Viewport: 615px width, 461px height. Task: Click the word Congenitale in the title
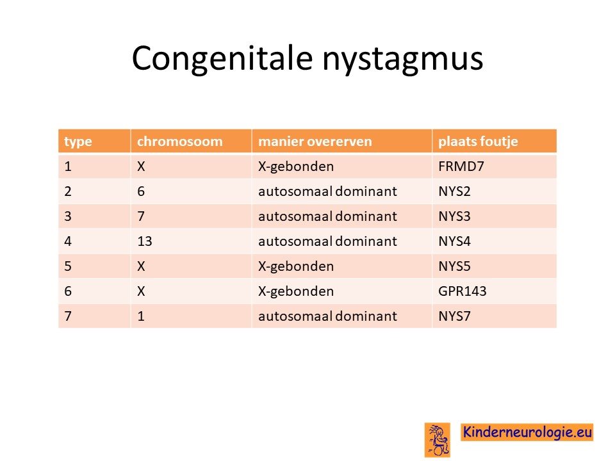[x=222, y=58]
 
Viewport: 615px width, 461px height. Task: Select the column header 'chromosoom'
[x=179, y=141]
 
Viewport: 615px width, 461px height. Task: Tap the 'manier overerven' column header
[x=315, y=141]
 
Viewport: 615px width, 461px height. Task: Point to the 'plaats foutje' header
[x=478, y=142]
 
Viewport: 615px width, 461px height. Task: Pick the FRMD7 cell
[x=461, y=166]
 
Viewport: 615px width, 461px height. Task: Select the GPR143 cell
[x=462, y=291]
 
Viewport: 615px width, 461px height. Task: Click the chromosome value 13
[x=144, y=241]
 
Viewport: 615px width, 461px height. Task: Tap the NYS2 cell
[x=454, y=191]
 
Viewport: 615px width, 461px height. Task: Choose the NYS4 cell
[x=454, y=241]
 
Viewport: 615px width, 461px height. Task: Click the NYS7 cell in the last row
[x=454, y=316]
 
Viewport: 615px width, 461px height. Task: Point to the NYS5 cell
[x=454, y=266]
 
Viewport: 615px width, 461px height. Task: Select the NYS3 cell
[x=454, y=216]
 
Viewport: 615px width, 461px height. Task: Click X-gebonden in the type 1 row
[x=296, y=167]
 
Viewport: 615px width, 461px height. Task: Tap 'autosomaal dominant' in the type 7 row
[x=327, y=316]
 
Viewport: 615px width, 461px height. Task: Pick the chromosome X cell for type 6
[x=141, y=291]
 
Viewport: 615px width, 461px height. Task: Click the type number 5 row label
[x=68, y=266]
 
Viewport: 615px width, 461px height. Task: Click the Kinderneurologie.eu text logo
[x=527, y=432]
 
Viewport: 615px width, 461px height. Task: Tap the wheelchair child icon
[x=438, y=440]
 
